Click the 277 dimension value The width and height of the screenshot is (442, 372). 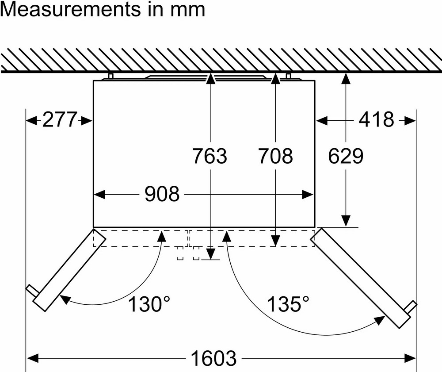click(60, 120)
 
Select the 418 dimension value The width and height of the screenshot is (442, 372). click(376, 119)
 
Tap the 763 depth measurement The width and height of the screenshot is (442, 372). click(210, 156)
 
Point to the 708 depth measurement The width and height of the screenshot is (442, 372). click(276, 156)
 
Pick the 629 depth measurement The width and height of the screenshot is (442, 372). click(346, 156)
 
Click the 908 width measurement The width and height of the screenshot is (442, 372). click(162, 194)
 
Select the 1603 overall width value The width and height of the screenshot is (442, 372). click(213, 358)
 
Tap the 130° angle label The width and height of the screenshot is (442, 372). click(149, 304)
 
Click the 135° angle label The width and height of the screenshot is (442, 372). click(288, 304)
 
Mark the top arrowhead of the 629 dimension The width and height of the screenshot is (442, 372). click(346, 79)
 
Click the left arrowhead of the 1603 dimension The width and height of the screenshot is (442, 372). click(32, 358)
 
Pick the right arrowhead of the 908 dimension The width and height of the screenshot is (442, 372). click(308, 194)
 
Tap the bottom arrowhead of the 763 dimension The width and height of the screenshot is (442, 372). click(210, 253)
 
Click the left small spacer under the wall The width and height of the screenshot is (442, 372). click(111, 76)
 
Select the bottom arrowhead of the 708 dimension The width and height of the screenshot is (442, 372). click(275, 241)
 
